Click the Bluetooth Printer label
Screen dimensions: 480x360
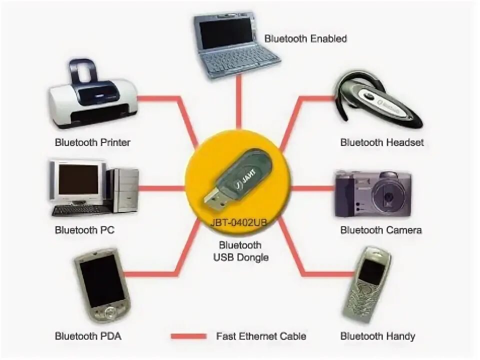tap(92, 142)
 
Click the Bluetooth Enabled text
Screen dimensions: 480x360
tap(305, 38)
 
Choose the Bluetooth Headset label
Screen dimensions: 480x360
tap(382, 142)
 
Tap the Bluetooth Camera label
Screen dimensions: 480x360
tap(381, 230)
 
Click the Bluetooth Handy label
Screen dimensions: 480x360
tap(377, 336)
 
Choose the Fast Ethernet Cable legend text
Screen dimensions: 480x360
tap(261, 336)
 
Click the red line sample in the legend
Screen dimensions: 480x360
tap(188, 336)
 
